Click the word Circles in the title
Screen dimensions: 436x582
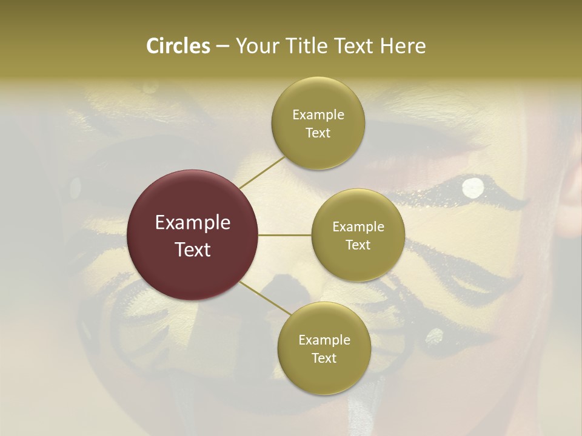click(x=178, y=46)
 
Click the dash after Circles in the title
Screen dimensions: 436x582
click(x=222, y=47)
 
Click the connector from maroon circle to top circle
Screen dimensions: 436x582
click(x=261, y=172)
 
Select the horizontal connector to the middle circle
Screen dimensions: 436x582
click(x=284, y=235)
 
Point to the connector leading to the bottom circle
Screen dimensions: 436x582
click(x=265, y=300)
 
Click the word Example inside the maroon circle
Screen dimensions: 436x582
click(x=193, y=223)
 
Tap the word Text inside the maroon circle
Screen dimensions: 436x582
click(x=193, y=249)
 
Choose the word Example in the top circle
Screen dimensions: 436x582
click(x=318, y=115)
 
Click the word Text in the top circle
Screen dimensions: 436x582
click(x=318, y=133)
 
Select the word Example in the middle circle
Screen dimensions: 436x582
click(x=358, y=227)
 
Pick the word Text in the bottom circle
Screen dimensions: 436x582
click(x=324, y=358)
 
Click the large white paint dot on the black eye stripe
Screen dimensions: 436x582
click(x=473, y=188)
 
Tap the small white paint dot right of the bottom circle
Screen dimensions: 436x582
click(x=435, y=335)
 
